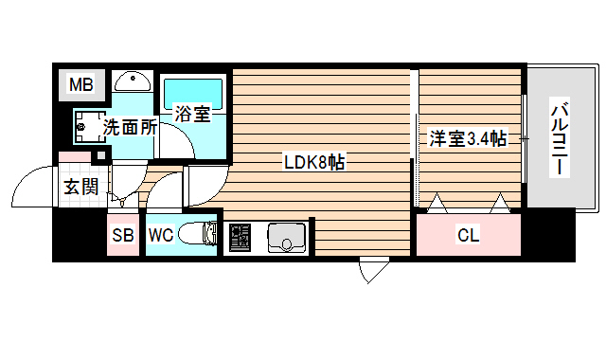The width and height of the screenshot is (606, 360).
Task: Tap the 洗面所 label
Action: [x=130, y=126]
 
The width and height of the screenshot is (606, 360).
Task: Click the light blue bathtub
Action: [x=192, y=93]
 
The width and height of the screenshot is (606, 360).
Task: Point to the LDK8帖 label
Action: [x=313, y=161]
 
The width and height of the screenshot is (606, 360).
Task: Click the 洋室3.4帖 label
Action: [x=467, y=139]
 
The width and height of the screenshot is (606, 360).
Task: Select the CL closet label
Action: [x=467, y=234]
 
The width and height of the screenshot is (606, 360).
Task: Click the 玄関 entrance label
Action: [x=80, y=186]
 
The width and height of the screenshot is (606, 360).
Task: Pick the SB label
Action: [x=123, y=236]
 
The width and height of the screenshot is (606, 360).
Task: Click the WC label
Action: [x=160, y=236]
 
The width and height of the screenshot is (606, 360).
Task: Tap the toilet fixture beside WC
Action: [x=199, y=234]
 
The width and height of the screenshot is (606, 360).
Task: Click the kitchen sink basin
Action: [x=283, y=237]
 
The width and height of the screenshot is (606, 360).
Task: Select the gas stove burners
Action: [x=239, y=237]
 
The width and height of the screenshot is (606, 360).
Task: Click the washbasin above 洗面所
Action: [x=133, y=82]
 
